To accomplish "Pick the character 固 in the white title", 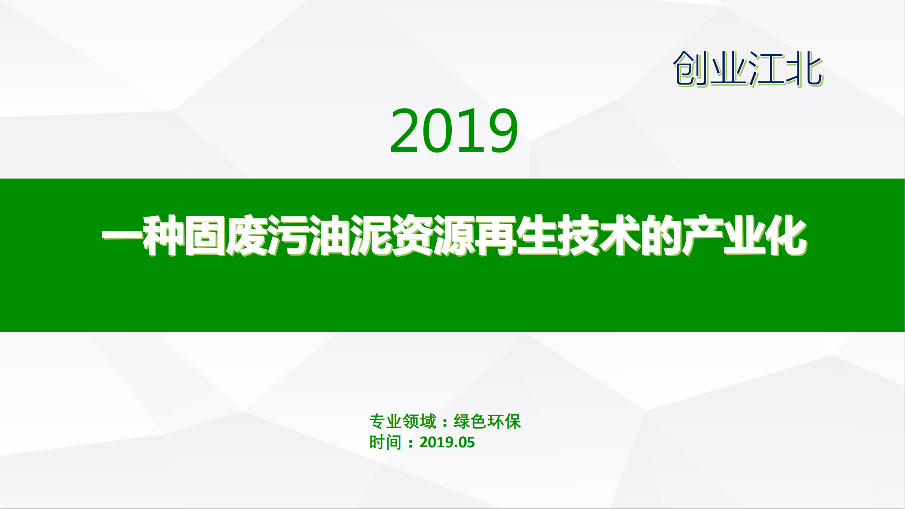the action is click(205, 235).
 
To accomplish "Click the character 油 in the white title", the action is click(329, 235).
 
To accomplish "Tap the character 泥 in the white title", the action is click(370, 235).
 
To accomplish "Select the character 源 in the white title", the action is click(453, 235).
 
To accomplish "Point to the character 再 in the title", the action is click(495, 235).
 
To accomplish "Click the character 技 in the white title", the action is click(578, 235).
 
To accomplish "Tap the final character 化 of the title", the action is click(785, 235).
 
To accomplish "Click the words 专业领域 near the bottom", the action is click(403, 422).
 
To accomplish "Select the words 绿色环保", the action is click(487, 422).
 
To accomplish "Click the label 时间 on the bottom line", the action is click(385, 443).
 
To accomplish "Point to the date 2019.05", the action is click(447, 443).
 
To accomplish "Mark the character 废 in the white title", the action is click(246, 235).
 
